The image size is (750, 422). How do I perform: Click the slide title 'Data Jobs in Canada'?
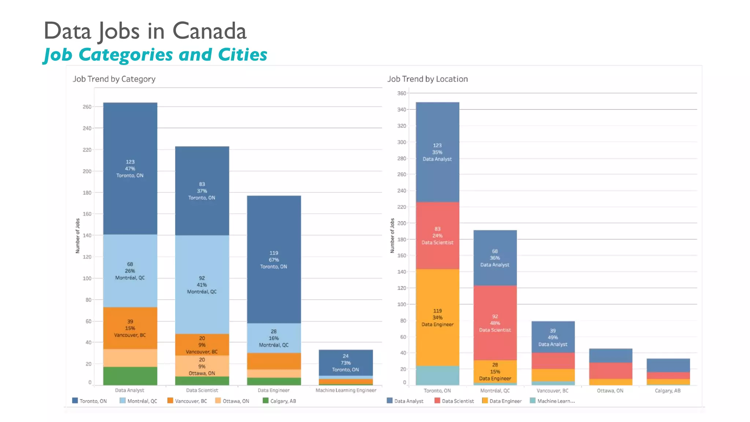point(145,31)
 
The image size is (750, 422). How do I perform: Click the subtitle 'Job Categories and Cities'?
point(155,55)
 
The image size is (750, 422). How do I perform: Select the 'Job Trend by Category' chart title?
point(114,79)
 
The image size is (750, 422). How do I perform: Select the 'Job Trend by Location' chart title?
point(427,79)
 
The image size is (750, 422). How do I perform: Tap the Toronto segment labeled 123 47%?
point(130,169)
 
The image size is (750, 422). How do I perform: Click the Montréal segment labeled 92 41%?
point(202,285)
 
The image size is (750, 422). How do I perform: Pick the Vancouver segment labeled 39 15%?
point(130,328)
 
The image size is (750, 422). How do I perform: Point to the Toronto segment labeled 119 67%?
point(274,259)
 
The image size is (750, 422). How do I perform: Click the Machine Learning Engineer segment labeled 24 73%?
point(345,362)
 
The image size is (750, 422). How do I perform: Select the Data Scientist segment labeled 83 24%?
point(437,236)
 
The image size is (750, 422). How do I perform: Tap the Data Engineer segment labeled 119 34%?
point(437,317)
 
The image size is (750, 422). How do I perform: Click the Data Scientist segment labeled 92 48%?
point(495,323)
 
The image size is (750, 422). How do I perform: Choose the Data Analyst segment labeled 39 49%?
point(553,337)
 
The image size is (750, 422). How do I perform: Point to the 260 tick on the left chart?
point(87,107)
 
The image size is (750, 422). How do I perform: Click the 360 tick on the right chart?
point(401,93)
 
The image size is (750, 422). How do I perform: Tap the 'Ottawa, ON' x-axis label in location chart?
point(610,390)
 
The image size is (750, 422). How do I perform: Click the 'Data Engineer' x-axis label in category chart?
point(274,390)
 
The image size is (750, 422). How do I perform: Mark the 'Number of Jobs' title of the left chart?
point(78,236)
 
